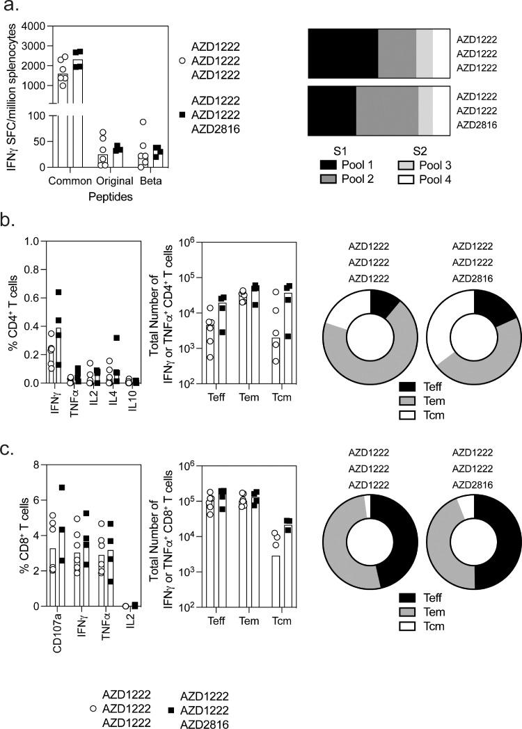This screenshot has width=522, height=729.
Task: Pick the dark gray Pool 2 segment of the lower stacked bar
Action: [386, 110]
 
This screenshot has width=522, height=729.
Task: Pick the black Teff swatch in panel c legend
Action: [409, 596]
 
